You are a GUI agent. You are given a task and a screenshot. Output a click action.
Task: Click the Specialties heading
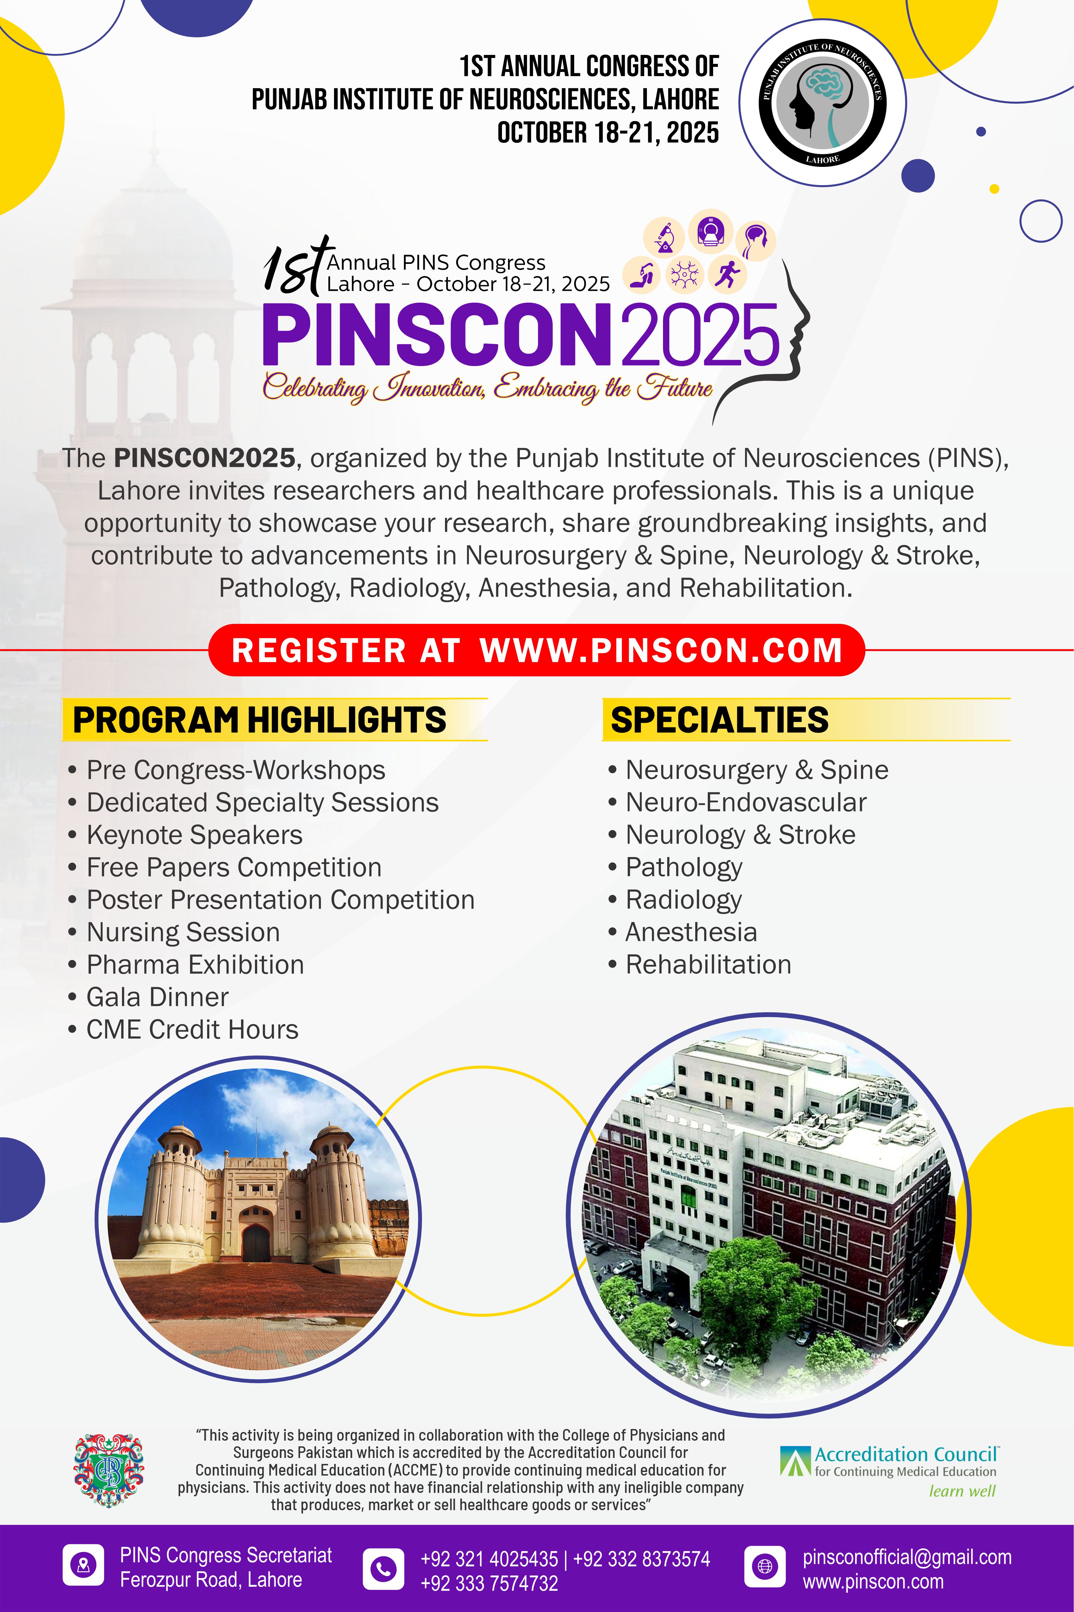(x=719, y=720)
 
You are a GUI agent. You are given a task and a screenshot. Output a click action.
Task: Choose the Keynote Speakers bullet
(x=194, y=835)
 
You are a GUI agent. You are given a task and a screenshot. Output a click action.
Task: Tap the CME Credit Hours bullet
(x=192, y=1029)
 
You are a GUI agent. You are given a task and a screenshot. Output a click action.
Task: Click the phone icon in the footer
(x=383, y=1569)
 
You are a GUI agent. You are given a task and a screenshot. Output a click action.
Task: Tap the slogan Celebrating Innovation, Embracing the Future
(x=488, y=388)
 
